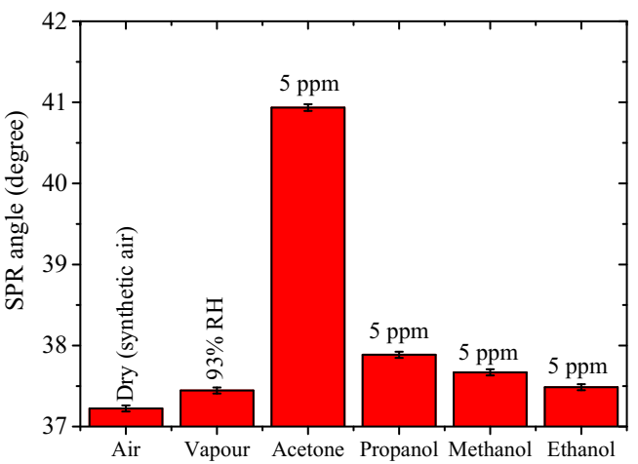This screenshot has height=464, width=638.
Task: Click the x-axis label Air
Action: pyautogui.click(x=126, y=449)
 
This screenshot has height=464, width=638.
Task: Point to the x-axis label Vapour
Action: pyautogui.click(x=218, y=449)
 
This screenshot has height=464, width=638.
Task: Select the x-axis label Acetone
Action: pyautogui.click(x=308, y=449)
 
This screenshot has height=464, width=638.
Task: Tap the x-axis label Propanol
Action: pyautogui.click(x=399, y=449)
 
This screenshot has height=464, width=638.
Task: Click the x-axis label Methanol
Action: pyautogui.click(x=490, y=449)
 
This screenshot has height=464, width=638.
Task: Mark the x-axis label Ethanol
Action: pyautogui.click(x=581, y=449)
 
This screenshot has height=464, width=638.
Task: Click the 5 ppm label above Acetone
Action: pyautogui.click(x=308, y=86)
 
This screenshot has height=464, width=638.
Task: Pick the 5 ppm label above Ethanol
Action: pyautogui.click(x=581, y=367)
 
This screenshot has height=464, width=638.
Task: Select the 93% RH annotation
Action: pyautogui.click(x=217, y=354)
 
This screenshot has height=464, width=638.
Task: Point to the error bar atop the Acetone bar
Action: pyautogui.click(x=308, y=107)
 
